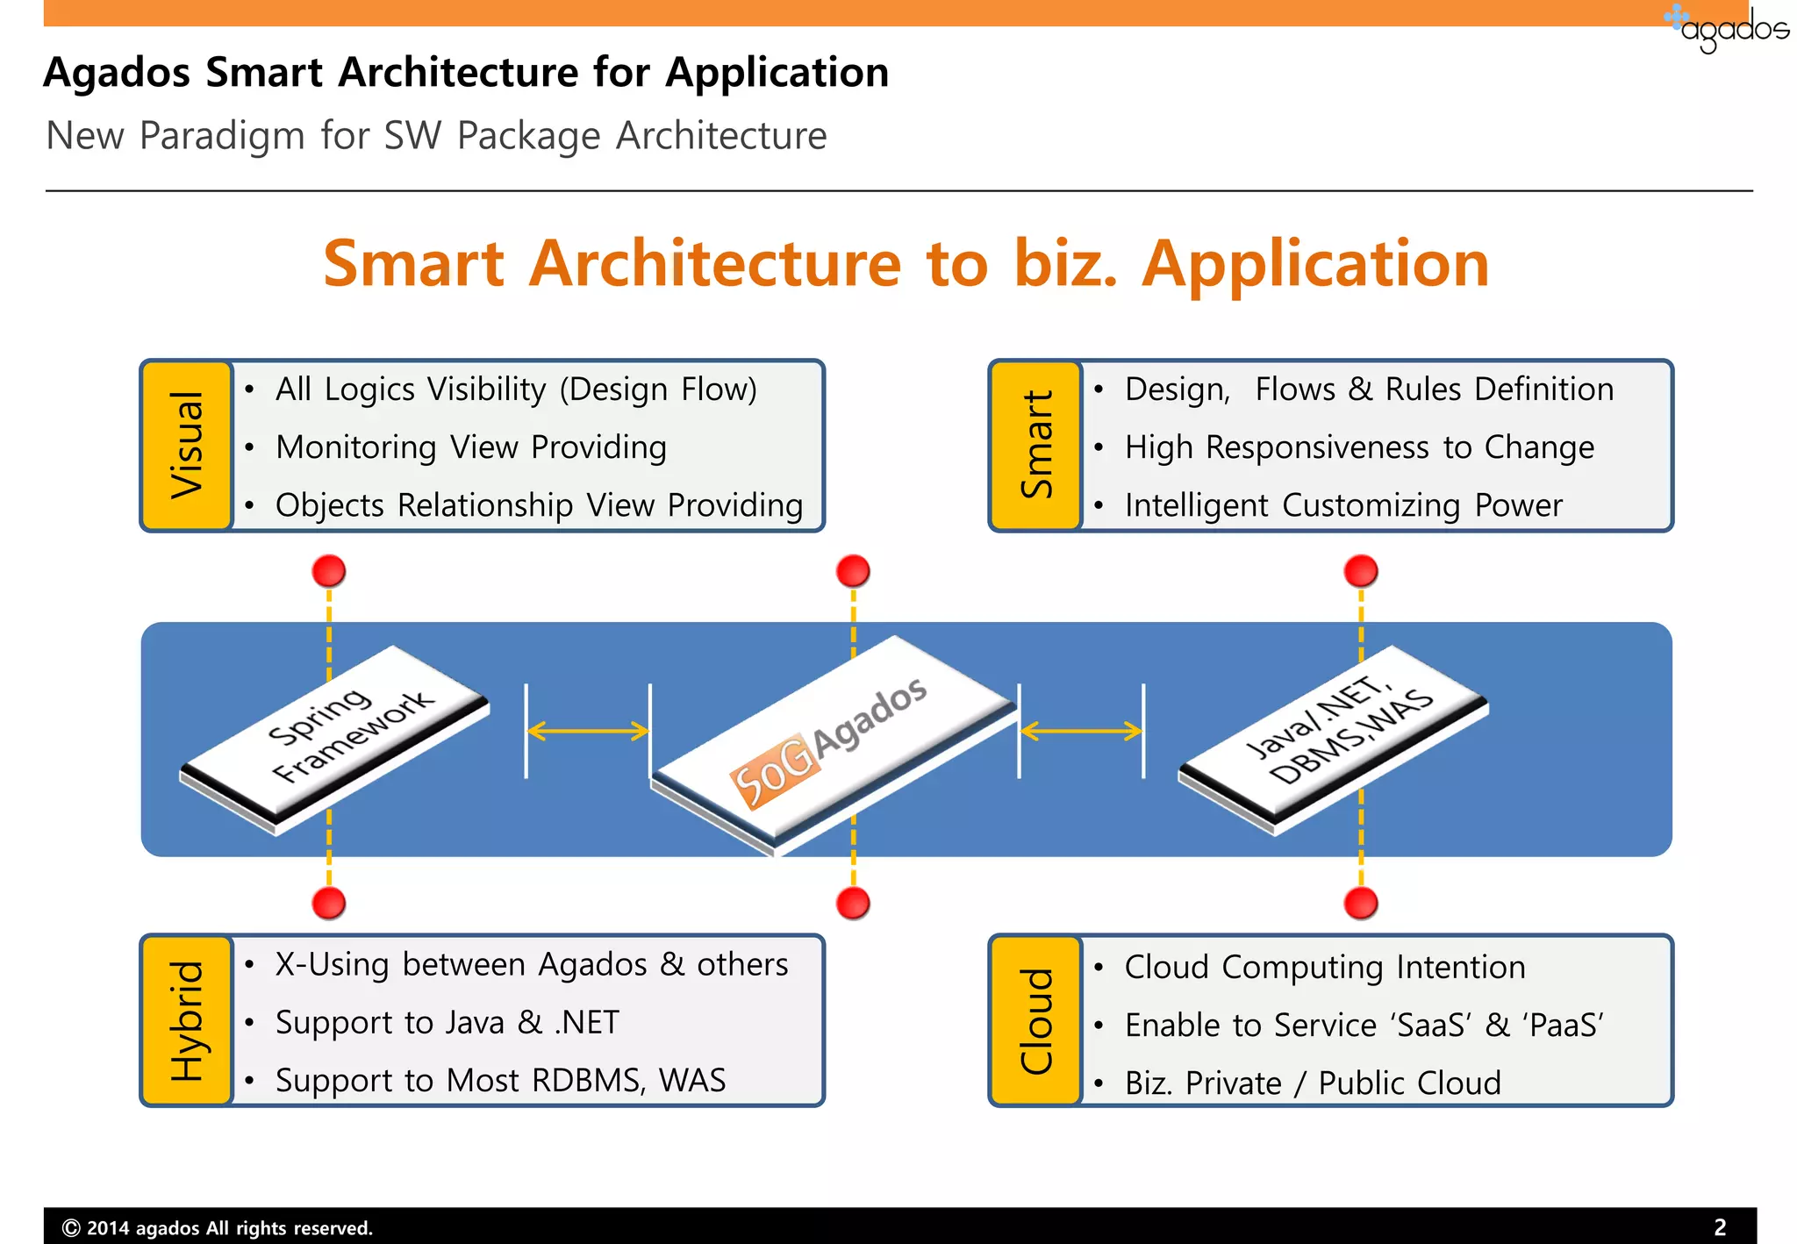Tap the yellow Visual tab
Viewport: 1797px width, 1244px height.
[x=187, y=445]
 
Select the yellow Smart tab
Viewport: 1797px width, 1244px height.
[x=1035, y=445]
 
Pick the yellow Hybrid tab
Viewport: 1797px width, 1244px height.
[x=187, y=1020]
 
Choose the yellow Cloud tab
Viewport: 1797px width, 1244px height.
[x=1035, y=1020]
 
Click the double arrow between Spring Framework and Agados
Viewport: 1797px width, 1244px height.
[x=588, y=731]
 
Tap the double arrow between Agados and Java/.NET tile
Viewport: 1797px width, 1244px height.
[x=1081, y=731]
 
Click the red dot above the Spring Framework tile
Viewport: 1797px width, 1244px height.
[x=329, y=571]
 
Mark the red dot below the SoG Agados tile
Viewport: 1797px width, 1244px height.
[x=853, y=903]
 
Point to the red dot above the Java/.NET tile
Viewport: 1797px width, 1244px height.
[x=1361, y=571]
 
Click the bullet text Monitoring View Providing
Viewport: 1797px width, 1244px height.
[x=471, y=447]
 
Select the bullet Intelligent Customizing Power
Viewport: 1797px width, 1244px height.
[x=1342, y=505]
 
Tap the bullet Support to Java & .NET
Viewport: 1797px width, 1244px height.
[x=447, y=1023]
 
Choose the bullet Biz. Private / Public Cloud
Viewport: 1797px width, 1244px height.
[x=1312, y=1083]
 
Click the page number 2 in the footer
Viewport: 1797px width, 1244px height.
[x=1720, y=1227]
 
